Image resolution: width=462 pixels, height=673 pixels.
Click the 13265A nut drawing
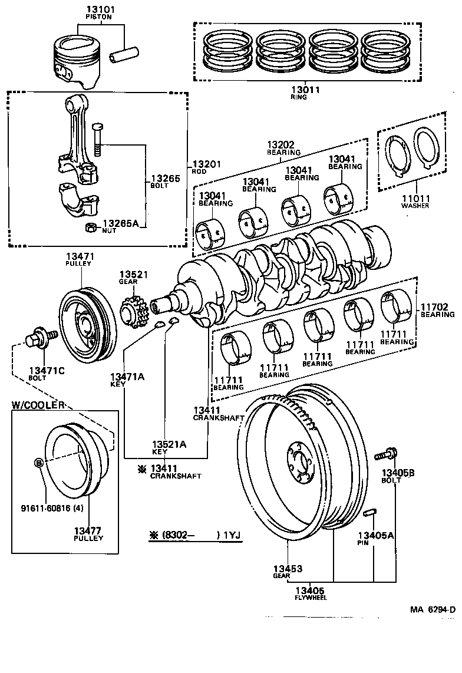pos(91,227)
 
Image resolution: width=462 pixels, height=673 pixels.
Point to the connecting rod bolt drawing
pos(97,140)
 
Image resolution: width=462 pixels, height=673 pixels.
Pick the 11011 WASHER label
pos(415,202)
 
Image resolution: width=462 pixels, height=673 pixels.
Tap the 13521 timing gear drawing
pos(131,312)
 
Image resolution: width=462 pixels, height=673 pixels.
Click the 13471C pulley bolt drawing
pos(39,342)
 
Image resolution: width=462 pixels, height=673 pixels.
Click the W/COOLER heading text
pos(38,405)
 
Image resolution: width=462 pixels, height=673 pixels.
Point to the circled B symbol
pos(39,463)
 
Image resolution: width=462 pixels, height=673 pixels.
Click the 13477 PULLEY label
pos(88,534)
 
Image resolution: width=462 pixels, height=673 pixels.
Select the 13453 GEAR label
pos(287,572)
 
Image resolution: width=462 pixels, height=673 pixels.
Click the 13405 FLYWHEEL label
pos(310,593)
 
